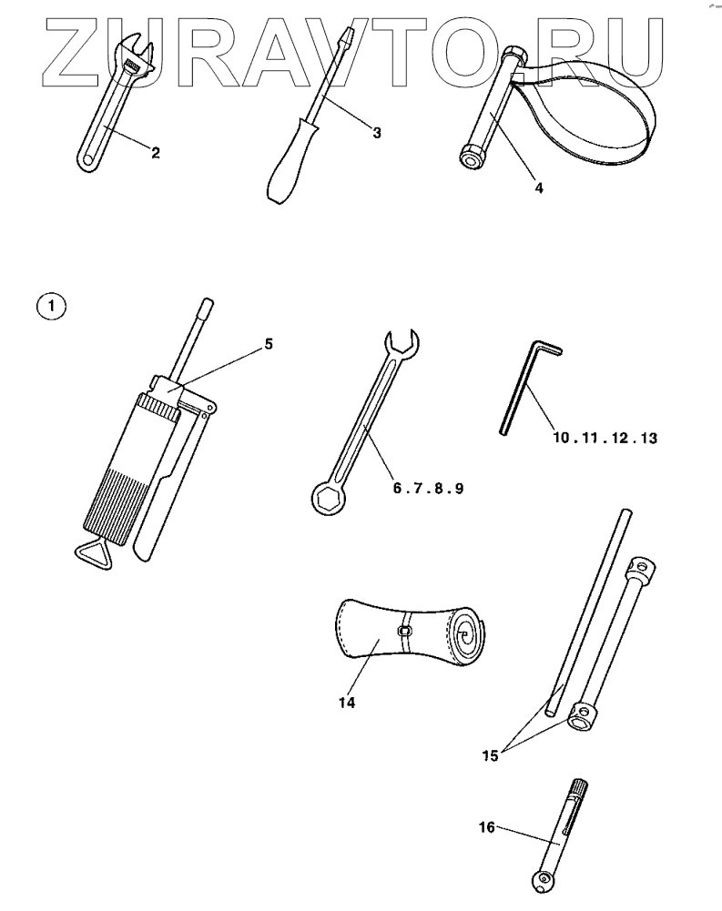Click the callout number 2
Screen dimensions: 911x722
156,154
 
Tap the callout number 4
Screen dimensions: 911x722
539,188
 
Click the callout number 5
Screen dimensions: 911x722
268,344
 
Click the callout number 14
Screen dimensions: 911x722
346,703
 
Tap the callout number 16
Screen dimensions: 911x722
487,827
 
